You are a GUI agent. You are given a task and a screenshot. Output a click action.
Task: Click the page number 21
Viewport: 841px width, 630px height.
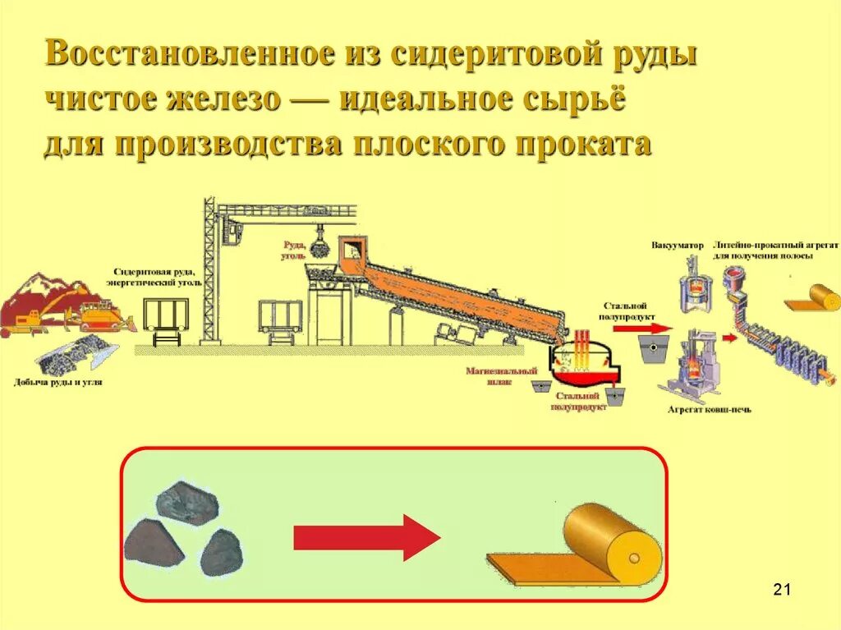[781, 590]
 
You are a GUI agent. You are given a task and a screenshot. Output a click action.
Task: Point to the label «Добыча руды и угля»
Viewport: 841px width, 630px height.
[58, 382]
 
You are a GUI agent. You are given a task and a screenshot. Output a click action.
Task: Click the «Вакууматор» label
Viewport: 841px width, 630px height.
[678, 246]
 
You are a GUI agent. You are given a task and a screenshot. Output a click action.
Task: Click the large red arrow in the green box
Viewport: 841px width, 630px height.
[366, 538]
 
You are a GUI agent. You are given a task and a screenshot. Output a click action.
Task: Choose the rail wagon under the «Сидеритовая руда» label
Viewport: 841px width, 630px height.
[166, 315]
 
